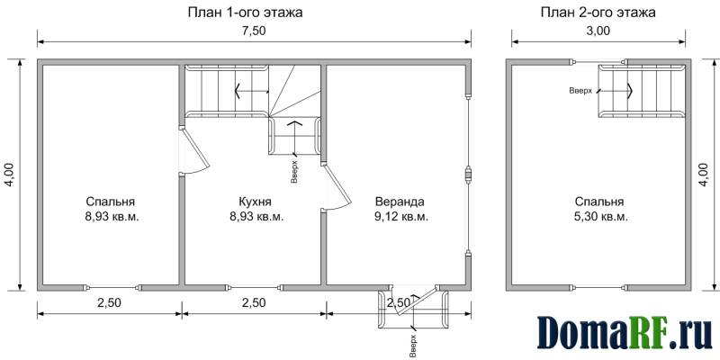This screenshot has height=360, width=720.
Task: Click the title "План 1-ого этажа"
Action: click(x=245, y=13)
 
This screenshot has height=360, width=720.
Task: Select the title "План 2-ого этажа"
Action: click(x=598, y=13)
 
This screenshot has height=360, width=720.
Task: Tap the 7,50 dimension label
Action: click(x=255, y=31)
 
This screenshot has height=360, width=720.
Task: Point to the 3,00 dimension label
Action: click(x=598, y=31)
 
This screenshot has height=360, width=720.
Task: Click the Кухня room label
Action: click(x=256, y=202)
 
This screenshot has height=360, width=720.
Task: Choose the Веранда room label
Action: click(x=400, y=202)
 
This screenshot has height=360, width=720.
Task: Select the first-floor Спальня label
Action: click(x=110, y=202)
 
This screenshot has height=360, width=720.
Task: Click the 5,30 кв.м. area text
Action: click(x=601, y=217)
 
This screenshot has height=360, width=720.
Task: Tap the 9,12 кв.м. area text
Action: click(x=401, y=217)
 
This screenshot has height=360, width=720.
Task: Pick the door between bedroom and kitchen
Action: click(x=195, y=150)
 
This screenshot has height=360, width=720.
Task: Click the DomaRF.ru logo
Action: click(x=625, y=331)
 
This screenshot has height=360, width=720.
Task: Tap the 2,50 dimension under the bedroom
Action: click(x=109, y=303)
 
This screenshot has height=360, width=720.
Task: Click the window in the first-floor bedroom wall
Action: click(x=112, y=288)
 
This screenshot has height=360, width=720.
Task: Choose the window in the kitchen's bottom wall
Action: click(x=255, y=288)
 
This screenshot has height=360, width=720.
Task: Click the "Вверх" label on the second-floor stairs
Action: click(x=580, y=91)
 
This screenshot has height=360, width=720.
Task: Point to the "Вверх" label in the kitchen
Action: click(x=294, y=172)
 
